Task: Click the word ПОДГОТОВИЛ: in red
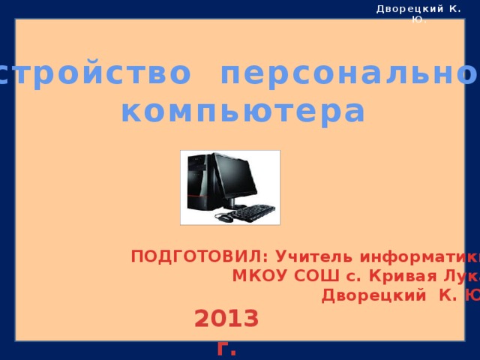[187, 257]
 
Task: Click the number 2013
[226, 319]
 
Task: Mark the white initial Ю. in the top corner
[418, 19]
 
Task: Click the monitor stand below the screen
[234, 203]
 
